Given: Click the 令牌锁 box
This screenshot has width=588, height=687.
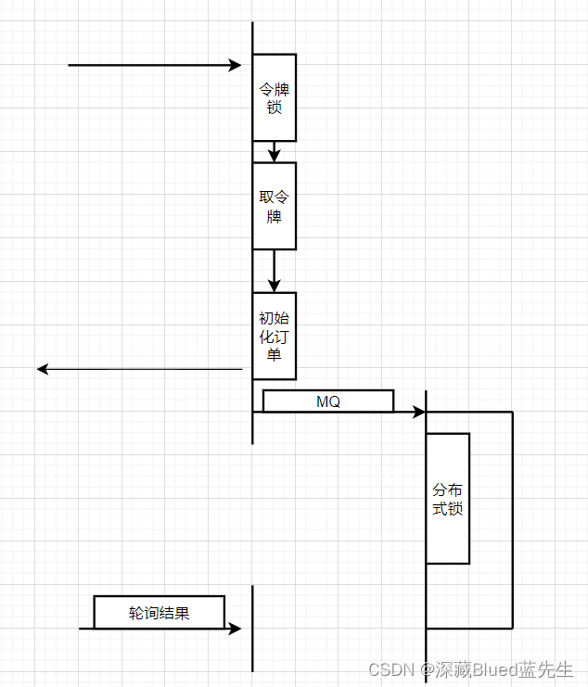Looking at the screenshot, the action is click(274, 97).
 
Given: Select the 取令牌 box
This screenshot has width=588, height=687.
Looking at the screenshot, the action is click(274, 206).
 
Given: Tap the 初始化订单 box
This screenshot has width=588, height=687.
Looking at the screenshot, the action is click(274, 336).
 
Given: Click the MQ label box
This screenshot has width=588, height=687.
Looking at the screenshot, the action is click(328, 401).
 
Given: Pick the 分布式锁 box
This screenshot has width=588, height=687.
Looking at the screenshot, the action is click(448, 499).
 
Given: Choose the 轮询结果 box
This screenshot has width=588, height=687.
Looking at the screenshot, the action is click(160, 612).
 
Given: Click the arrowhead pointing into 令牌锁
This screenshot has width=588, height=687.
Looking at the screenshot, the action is click(236, 65).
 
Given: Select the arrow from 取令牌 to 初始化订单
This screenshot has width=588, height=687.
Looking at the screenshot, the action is click(274, 272).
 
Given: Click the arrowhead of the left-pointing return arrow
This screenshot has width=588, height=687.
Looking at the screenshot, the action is click(43, 369).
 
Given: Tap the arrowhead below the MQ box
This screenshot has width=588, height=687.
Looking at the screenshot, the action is click(418, 411).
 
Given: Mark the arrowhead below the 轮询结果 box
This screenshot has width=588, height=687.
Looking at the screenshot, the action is click(235, 628).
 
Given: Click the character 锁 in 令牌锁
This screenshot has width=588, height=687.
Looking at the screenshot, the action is click(274, 108).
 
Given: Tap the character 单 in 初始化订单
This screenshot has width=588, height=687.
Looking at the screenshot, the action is click(274, 354).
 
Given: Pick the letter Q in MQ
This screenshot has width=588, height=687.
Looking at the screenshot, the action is click(334, 401).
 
